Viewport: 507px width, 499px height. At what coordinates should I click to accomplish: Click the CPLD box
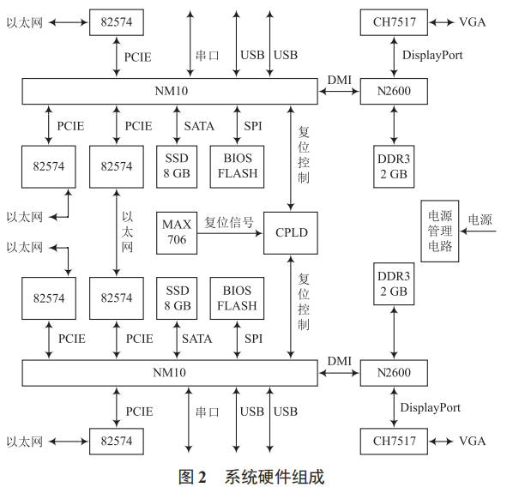pos(292,232)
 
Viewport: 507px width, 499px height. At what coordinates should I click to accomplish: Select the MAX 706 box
pos(176,231)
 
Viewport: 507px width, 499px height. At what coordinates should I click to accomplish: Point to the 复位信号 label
pos(229,222)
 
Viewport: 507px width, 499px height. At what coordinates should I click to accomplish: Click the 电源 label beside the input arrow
pos(480,220)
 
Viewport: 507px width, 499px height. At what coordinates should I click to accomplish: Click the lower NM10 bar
pos(171,373)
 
